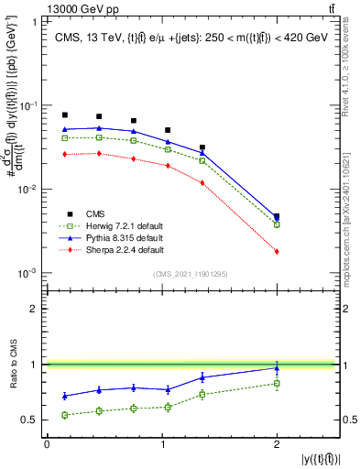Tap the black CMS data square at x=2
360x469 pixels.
[277, 217]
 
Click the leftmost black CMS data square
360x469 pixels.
[65, 115]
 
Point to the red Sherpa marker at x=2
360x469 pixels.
[277, 251]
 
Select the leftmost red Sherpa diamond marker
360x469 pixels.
[65, 155]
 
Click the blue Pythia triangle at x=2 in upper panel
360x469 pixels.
[277, 218]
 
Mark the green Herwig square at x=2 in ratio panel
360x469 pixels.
[277, 383]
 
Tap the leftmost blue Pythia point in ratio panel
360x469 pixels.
[65, 396]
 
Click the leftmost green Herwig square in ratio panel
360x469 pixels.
[65, 415]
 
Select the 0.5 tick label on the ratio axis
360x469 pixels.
[33, 420]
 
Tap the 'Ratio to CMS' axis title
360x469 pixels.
[12, 364]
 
